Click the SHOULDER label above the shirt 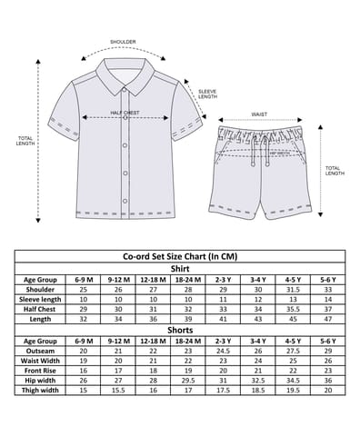click(x=123, y=43)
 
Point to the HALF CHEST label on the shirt click(x=125, y=114)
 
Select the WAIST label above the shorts click(x=258, y=114)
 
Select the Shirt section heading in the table click(x=181, y=268)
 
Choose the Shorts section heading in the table click(x=181, y=330)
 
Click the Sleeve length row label click(x=40, y=299)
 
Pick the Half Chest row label click(x=40, y=309)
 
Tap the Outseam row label click(x=40, y=351)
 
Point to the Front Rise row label click(x=40, y=371)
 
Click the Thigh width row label click(x=40, y=391)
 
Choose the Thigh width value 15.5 click(x=116, y=391)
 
